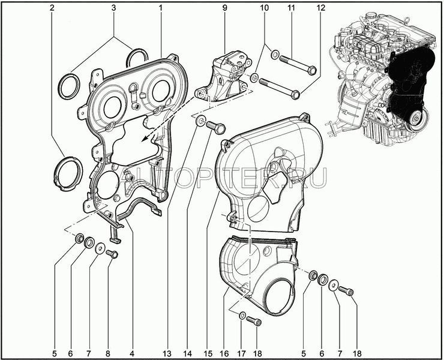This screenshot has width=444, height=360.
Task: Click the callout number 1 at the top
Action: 161,8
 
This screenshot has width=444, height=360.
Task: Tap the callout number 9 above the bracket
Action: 224,8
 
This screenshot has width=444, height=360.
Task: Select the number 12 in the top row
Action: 321,8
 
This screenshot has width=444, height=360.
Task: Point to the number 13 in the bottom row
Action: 167,353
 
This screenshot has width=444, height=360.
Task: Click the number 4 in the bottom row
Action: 131,353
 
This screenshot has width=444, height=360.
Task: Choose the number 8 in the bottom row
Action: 107,353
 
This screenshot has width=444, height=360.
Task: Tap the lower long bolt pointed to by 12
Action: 280,88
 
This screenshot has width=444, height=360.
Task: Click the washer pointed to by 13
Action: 201,121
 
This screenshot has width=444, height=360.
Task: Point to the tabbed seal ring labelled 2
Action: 68,173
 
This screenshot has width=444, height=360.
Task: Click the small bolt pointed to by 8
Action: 112,254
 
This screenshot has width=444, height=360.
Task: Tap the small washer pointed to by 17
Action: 242,316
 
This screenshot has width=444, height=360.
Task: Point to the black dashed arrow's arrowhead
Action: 145,138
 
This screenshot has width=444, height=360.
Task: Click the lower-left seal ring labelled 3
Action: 70,86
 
